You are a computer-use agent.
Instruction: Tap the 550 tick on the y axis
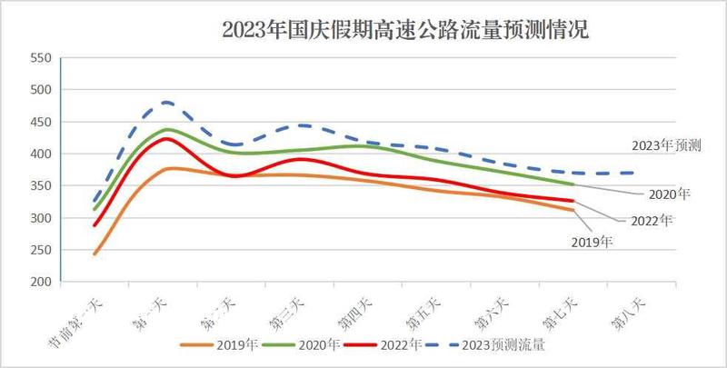click(x=40, y=58)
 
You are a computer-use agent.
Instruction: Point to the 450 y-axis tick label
click(x=40, y=122)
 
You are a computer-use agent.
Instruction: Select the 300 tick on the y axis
click(x=40, y=218)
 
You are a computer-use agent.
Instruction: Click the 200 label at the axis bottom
click(x=40, y=282)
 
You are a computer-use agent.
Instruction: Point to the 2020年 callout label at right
click(x=671, y=194)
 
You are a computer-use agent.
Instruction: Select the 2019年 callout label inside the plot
click(x=593, y=242)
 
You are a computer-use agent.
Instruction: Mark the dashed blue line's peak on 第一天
click(x=166, y=102)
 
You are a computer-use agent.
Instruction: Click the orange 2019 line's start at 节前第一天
click(x=95, y=254)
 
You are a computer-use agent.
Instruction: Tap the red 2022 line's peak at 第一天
click(x=166, y=138)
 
